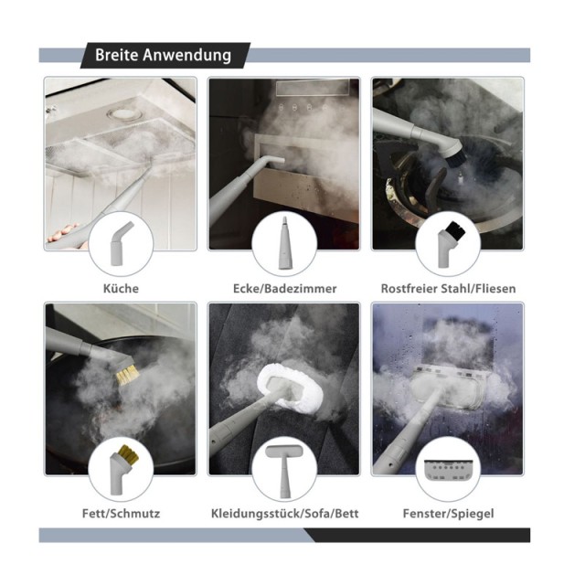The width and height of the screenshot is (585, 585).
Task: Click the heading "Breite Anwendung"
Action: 163,55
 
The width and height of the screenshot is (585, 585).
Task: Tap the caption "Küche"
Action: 121,289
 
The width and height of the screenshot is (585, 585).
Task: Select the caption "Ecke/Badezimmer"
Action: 284,289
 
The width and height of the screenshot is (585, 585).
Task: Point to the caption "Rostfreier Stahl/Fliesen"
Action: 448,289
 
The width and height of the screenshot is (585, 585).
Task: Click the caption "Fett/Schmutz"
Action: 121,514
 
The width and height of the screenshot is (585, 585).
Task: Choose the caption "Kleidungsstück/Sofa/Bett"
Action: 284,514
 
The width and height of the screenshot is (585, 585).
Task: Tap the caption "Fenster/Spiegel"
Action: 448,514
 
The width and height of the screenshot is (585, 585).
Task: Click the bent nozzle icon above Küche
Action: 120,243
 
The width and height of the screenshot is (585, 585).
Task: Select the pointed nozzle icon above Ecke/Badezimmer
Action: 284,242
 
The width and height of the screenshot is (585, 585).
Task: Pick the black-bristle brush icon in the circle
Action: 451,244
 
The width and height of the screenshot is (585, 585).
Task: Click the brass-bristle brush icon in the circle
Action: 120,469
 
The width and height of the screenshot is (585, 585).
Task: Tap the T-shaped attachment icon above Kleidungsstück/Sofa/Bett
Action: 284,472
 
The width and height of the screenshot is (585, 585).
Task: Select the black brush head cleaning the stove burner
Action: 452,159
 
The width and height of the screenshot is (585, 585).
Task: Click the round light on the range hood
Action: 121,114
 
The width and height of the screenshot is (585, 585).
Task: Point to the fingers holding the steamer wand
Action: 64,233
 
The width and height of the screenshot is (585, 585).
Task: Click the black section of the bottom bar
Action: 418,535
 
